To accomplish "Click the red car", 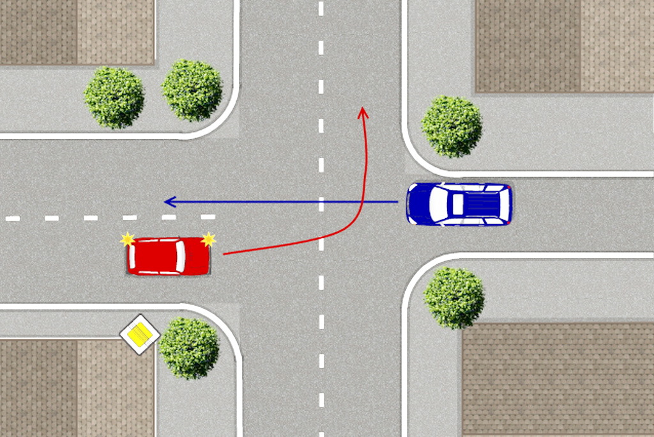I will pos(169,257).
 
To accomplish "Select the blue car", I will pos(459,204).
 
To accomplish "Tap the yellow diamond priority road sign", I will pos(140,333).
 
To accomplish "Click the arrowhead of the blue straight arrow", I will pos(169,202).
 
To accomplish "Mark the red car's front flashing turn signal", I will pos(208,240).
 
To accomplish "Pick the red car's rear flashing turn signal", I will pos(128,240).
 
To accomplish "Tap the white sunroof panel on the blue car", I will pos(457,204).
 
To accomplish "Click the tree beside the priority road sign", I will pos(189,347).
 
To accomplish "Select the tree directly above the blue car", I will pos(452,126).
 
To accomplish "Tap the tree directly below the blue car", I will pos(454,298).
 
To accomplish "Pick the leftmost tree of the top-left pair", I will pos(114,97).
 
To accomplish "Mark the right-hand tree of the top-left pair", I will pos(192,90).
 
